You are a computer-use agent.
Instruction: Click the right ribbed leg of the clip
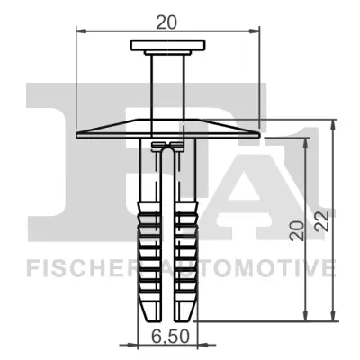[184, 243]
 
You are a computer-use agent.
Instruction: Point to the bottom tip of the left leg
[150, 318]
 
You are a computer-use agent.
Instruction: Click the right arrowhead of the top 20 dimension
[256, 33]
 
